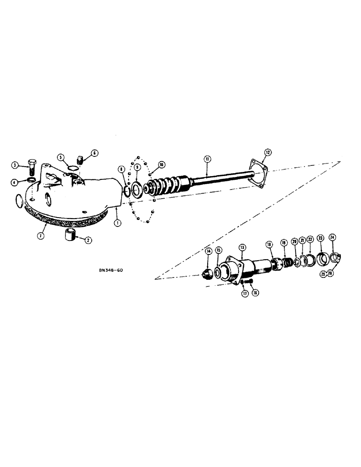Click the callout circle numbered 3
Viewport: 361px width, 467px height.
click(15, 165)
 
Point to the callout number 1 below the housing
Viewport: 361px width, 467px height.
click(117, 223)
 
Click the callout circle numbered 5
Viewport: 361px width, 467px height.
click(60, 157)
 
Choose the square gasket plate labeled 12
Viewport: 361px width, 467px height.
click(260, 168)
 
